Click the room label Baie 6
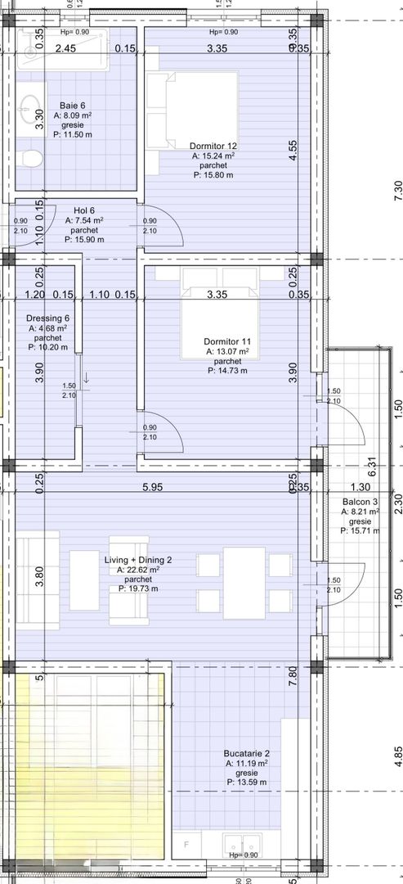coord(72,106)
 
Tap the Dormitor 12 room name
coord(213,146)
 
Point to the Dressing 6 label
coord(49,318)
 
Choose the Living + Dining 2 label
coord(138,560)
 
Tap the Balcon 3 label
coord(360,500)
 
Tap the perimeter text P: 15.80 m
coord(213,174)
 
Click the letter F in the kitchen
coord(186,845)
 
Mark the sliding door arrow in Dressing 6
coord(85,377)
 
